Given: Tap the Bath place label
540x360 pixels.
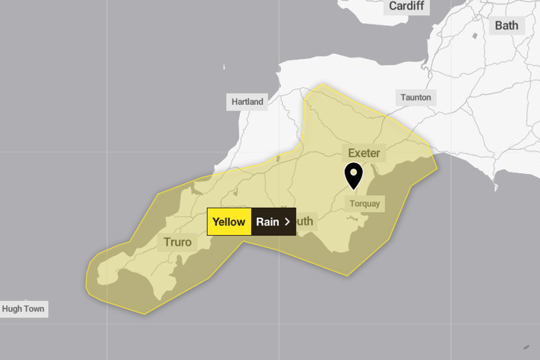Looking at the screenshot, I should tap(506, 25).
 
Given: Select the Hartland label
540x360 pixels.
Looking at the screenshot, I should tap(248, 101).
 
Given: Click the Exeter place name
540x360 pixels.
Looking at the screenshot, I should tap(364, 152).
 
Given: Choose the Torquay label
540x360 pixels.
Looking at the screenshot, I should tap(364, 203).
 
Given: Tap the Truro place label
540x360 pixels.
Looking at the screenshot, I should tap(178, 241).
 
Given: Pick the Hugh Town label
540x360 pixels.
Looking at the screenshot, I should tap(23, 309).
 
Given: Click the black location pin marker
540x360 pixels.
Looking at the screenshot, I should tap(353, 175).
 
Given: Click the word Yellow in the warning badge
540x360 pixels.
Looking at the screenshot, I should tap(229, 222).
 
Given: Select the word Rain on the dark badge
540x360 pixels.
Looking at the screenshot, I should tap(267, 222).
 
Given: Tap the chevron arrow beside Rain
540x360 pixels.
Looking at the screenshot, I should tap(287, 222).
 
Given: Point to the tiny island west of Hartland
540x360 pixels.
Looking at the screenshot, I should tap(223, 69).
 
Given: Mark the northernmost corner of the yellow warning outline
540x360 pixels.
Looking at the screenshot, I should tap(321, 84).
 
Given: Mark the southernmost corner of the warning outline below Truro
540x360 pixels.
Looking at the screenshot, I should tap(144, 314).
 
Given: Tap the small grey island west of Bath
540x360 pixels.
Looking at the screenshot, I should tap(475, 35).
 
